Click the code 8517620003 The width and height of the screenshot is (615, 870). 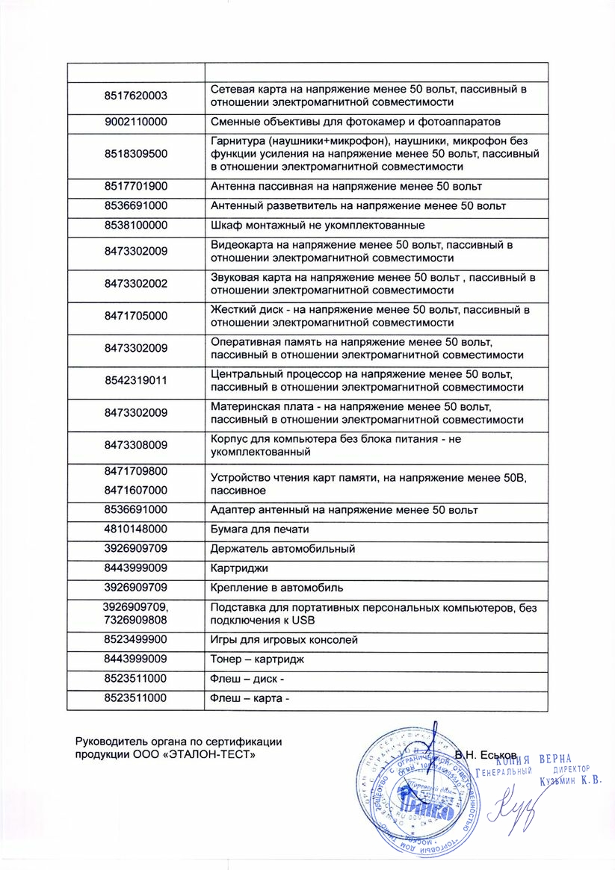click(x=135, y=96)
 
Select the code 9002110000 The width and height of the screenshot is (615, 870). click(x=135, y=122)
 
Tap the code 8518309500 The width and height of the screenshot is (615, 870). click(x=135, y=154)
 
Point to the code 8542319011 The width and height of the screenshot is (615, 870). click(x=135, y=380)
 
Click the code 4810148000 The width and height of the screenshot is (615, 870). click(x=135, y=529)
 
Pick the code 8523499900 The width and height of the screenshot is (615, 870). click(x=135, y=640)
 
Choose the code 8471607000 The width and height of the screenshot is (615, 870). click(x=135, y=491)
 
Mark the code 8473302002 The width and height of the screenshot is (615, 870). click(x=135, y=283)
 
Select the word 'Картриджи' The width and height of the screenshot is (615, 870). click(x=238, y=568)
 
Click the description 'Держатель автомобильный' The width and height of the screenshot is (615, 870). click(x=282, y=549)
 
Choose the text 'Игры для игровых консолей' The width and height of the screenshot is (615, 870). click(x=285, y=640)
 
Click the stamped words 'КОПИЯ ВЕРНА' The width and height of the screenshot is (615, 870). click(x=539, y=759)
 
